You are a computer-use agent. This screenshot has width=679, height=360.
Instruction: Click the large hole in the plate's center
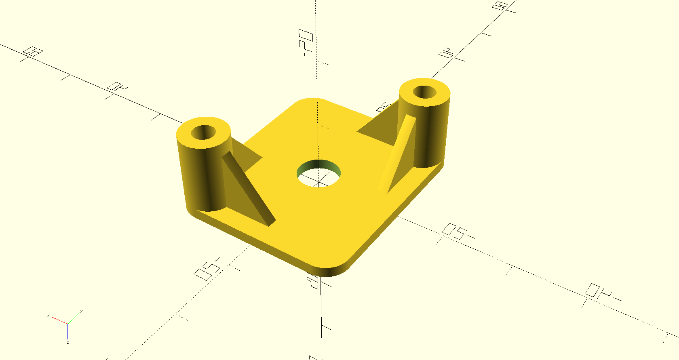pos(318,174)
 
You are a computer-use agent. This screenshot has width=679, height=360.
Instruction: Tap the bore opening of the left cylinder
pos(203,132)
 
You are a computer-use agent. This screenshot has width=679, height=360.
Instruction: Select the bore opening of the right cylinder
pos(424,92)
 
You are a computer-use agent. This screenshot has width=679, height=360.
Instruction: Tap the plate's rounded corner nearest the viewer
pos(329,270)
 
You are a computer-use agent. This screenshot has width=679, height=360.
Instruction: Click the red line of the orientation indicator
pos(59,320)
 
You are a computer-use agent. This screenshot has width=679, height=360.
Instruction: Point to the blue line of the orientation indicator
pos(67,331)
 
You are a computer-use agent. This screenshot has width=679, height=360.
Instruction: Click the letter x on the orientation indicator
pos(48,315)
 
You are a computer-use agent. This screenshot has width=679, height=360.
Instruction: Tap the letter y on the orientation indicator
pos(81,311)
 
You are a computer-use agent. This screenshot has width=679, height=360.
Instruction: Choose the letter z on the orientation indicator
pos(68,342)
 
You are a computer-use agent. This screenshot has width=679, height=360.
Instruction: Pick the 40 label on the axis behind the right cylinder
pos(447,53)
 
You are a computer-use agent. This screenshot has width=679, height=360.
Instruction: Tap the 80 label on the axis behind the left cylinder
pos(33,52)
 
